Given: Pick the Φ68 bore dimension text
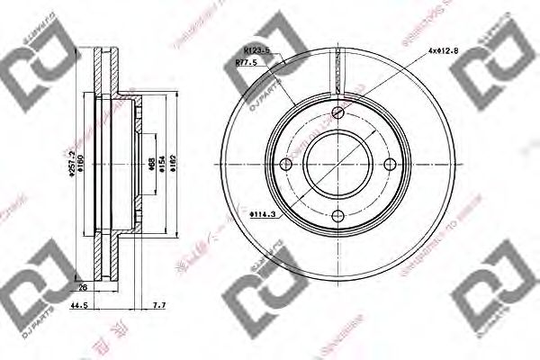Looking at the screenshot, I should tap(149, 164).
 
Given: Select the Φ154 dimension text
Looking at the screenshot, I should tap(162, 164).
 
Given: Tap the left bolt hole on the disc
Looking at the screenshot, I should tap(286, 164).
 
